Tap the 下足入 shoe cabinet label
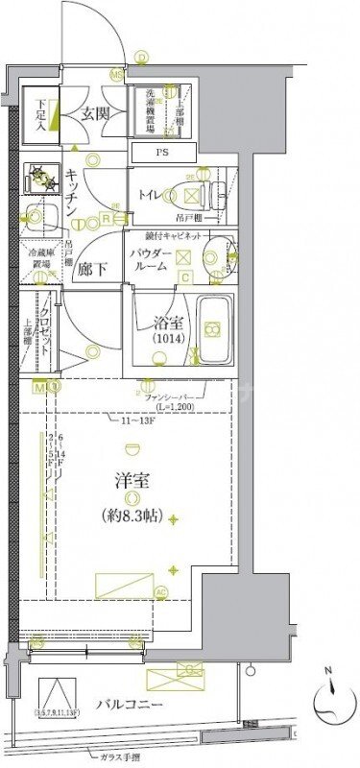(42, 112)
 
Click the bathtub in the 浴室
(216, 331)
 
